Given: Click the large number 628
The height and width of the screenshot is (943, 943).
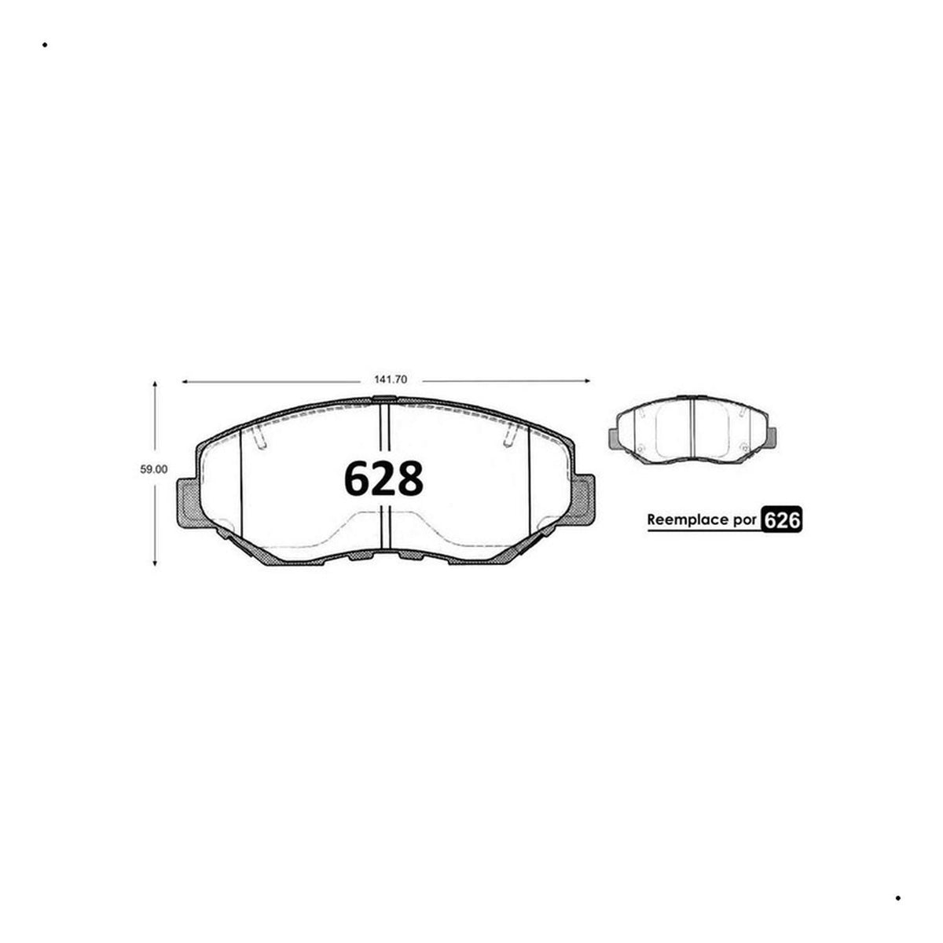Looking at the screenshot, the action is [383, 478].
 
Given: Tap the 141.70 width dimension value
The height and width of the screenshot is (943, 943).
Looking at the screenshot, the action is [391, 380].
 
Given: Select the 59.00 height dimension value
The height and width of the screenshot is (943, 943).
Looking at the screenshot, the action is [154, 469].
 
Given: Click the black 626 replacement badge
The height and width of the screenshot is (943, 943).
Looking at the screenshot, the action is [781, 519].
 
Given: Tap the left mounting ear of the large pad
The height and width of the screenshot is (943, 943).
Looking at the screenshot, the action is [189, 503].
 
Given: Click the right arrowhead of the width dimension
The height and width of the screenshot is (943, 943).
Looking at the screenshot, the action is [587, 380].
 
